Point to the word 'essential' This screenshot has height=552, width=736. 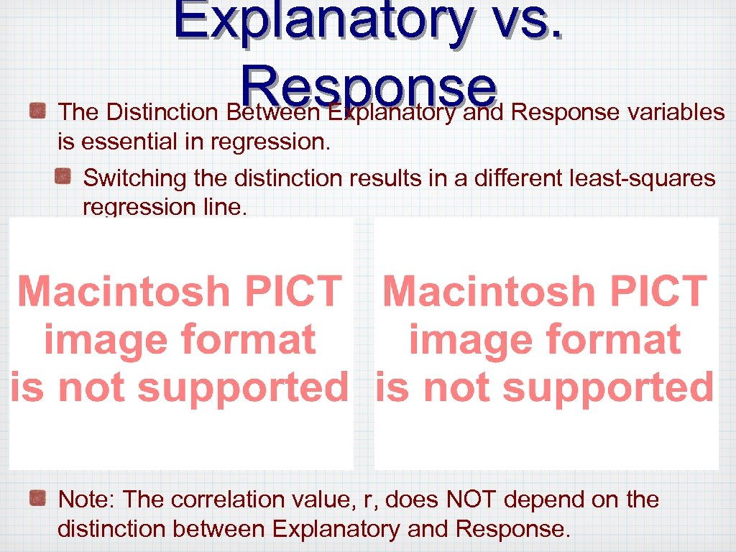click(125, 142)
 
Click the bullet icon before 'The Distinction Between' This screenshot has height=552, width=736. click(38, 111)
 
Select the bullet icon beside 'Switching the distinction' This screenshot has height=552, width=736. click(65, 176)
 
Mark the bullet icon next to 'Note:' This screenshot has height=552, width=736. click(38, 497)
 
